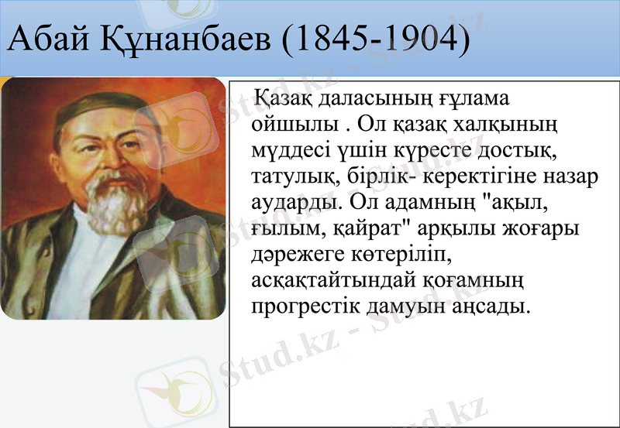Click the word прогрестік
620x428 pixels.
306,306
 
